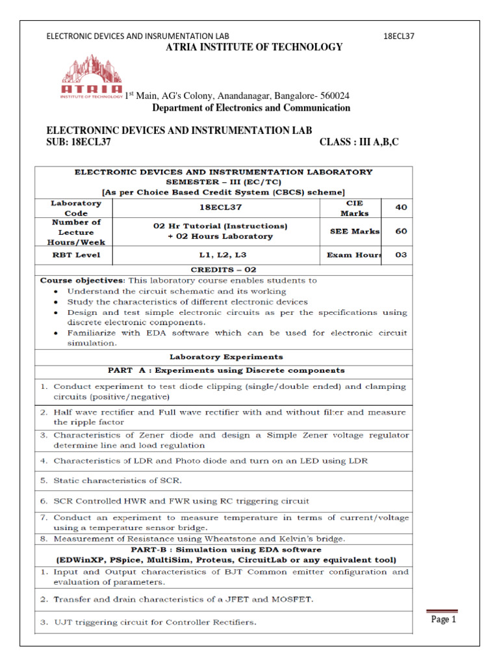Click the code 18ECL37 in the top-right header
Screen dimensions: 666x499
coord(399,36)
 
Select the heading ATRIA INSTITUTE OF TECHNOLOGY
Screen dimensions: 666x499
coord(254,47)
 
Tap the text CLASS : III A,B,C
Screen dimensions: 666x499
coord(359,142)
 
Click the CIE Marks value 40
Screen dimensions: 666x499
coord(402,207)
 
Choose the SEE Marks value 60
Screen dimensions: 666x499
coord(402,231)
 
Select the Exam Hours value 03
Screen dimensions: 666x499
coord(402,255)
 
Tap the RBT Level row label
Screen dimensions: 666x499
coord(76,255)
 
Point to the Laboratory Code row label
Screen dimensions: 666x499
coord(76,207)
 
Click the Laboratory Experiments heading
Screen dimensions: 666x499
coord(225,356)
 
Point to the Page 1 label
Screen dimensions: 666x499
coord(444,620)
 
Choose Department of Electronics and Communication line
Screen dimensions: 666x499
coord(251,108)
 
